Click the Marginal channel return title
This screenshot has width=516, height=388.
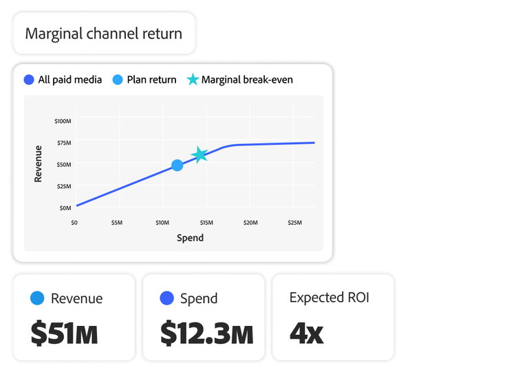click(x=103, y=33)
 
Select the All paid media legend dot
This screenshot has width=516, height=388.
click(x=28, y=80)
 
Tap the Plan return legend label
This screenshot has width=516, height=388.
click(x=151, y=80)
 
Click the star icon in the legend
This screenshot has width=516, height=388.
click(x=192, y=80)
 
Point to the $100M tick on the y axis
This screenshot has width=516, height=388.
click(x=63, y=121)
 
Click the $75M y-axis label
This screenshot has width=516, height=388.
click(x=64, y=143)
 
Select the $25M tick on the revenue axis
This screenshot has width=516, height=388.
click(x=64, y=186)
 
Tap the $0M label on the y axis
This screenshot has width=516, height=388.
click(x=65, y=207)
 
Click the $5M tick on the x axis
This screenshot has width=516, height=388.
click(x=116, y=223)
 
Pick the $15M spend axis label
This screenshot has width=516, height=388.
click(x=206, y=223)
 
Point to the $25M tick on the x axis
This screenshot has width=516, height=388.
click(x=294, y=223)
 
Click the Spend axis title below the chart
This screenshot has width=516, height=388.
click(x=190, y=238)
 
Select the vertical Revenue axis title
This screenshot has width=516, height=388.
click(x=39, y=163)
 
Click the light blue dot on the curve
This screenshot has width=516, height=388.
click(x=178, y=165)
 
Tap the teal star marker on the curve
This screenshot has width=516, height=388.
click(x=200, y=155)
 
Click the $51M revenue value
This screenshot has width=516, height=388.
click(x=64, y=333)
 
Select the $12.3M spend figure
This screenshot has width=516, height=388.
click(x=206, y=333)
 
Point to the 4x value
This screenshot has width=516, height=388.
click(x=306, y=333)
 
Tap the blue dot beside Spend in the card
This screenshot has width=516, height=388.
click(x=166, y=298)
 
